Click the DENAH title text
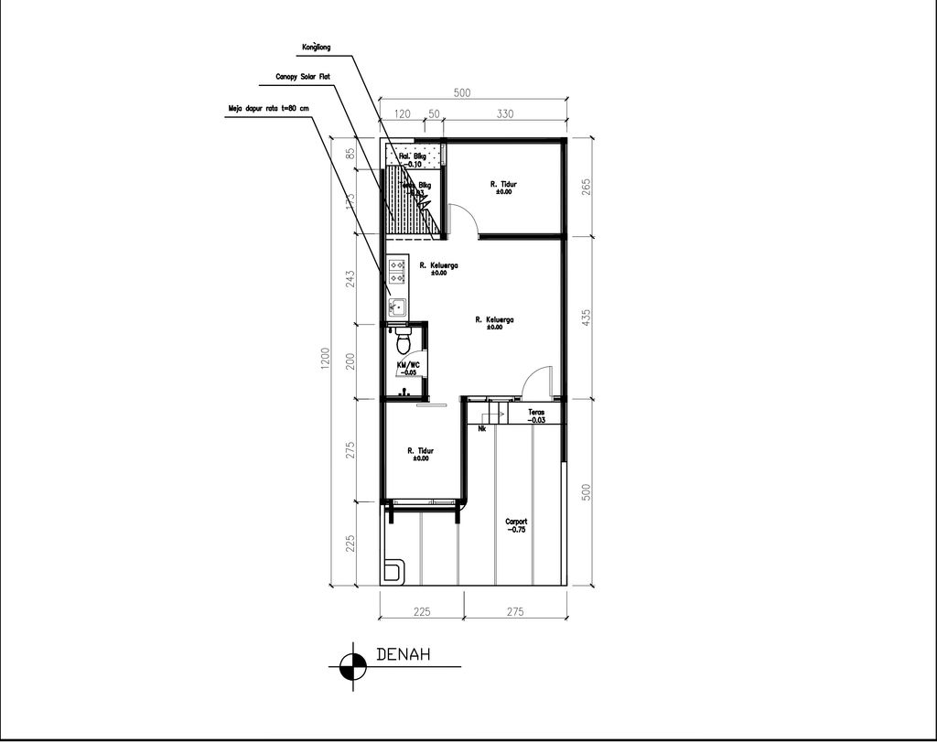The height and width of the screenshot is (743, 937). click(404, 655)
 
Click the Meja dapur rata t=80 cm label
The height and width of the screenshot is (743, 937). click(268, 108)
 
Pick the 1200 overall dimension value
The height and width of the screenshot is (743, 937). click(323, 363)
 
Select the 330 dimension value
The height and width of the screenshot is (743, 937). click(504, 113)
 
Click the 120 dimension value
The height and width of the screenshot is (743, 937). click(402, 113)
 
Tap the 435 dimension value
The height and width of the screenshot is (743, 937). click(586, 317)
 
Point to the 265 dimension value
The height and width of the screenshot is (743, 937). click(586, 186)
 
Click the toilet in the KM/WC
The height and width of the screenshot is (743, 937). click(403, 344)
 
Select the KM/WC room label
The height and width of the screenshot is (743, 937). click(408, 368)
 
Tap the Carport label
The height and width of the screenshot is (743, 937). click(516, 525)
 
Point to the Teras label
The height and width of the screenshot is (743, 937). click(536, 415)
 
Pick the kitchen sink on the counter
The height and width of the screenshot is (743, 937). click(397, 307)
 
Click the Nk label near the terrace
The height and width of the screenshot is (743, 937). click(482, 427)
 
